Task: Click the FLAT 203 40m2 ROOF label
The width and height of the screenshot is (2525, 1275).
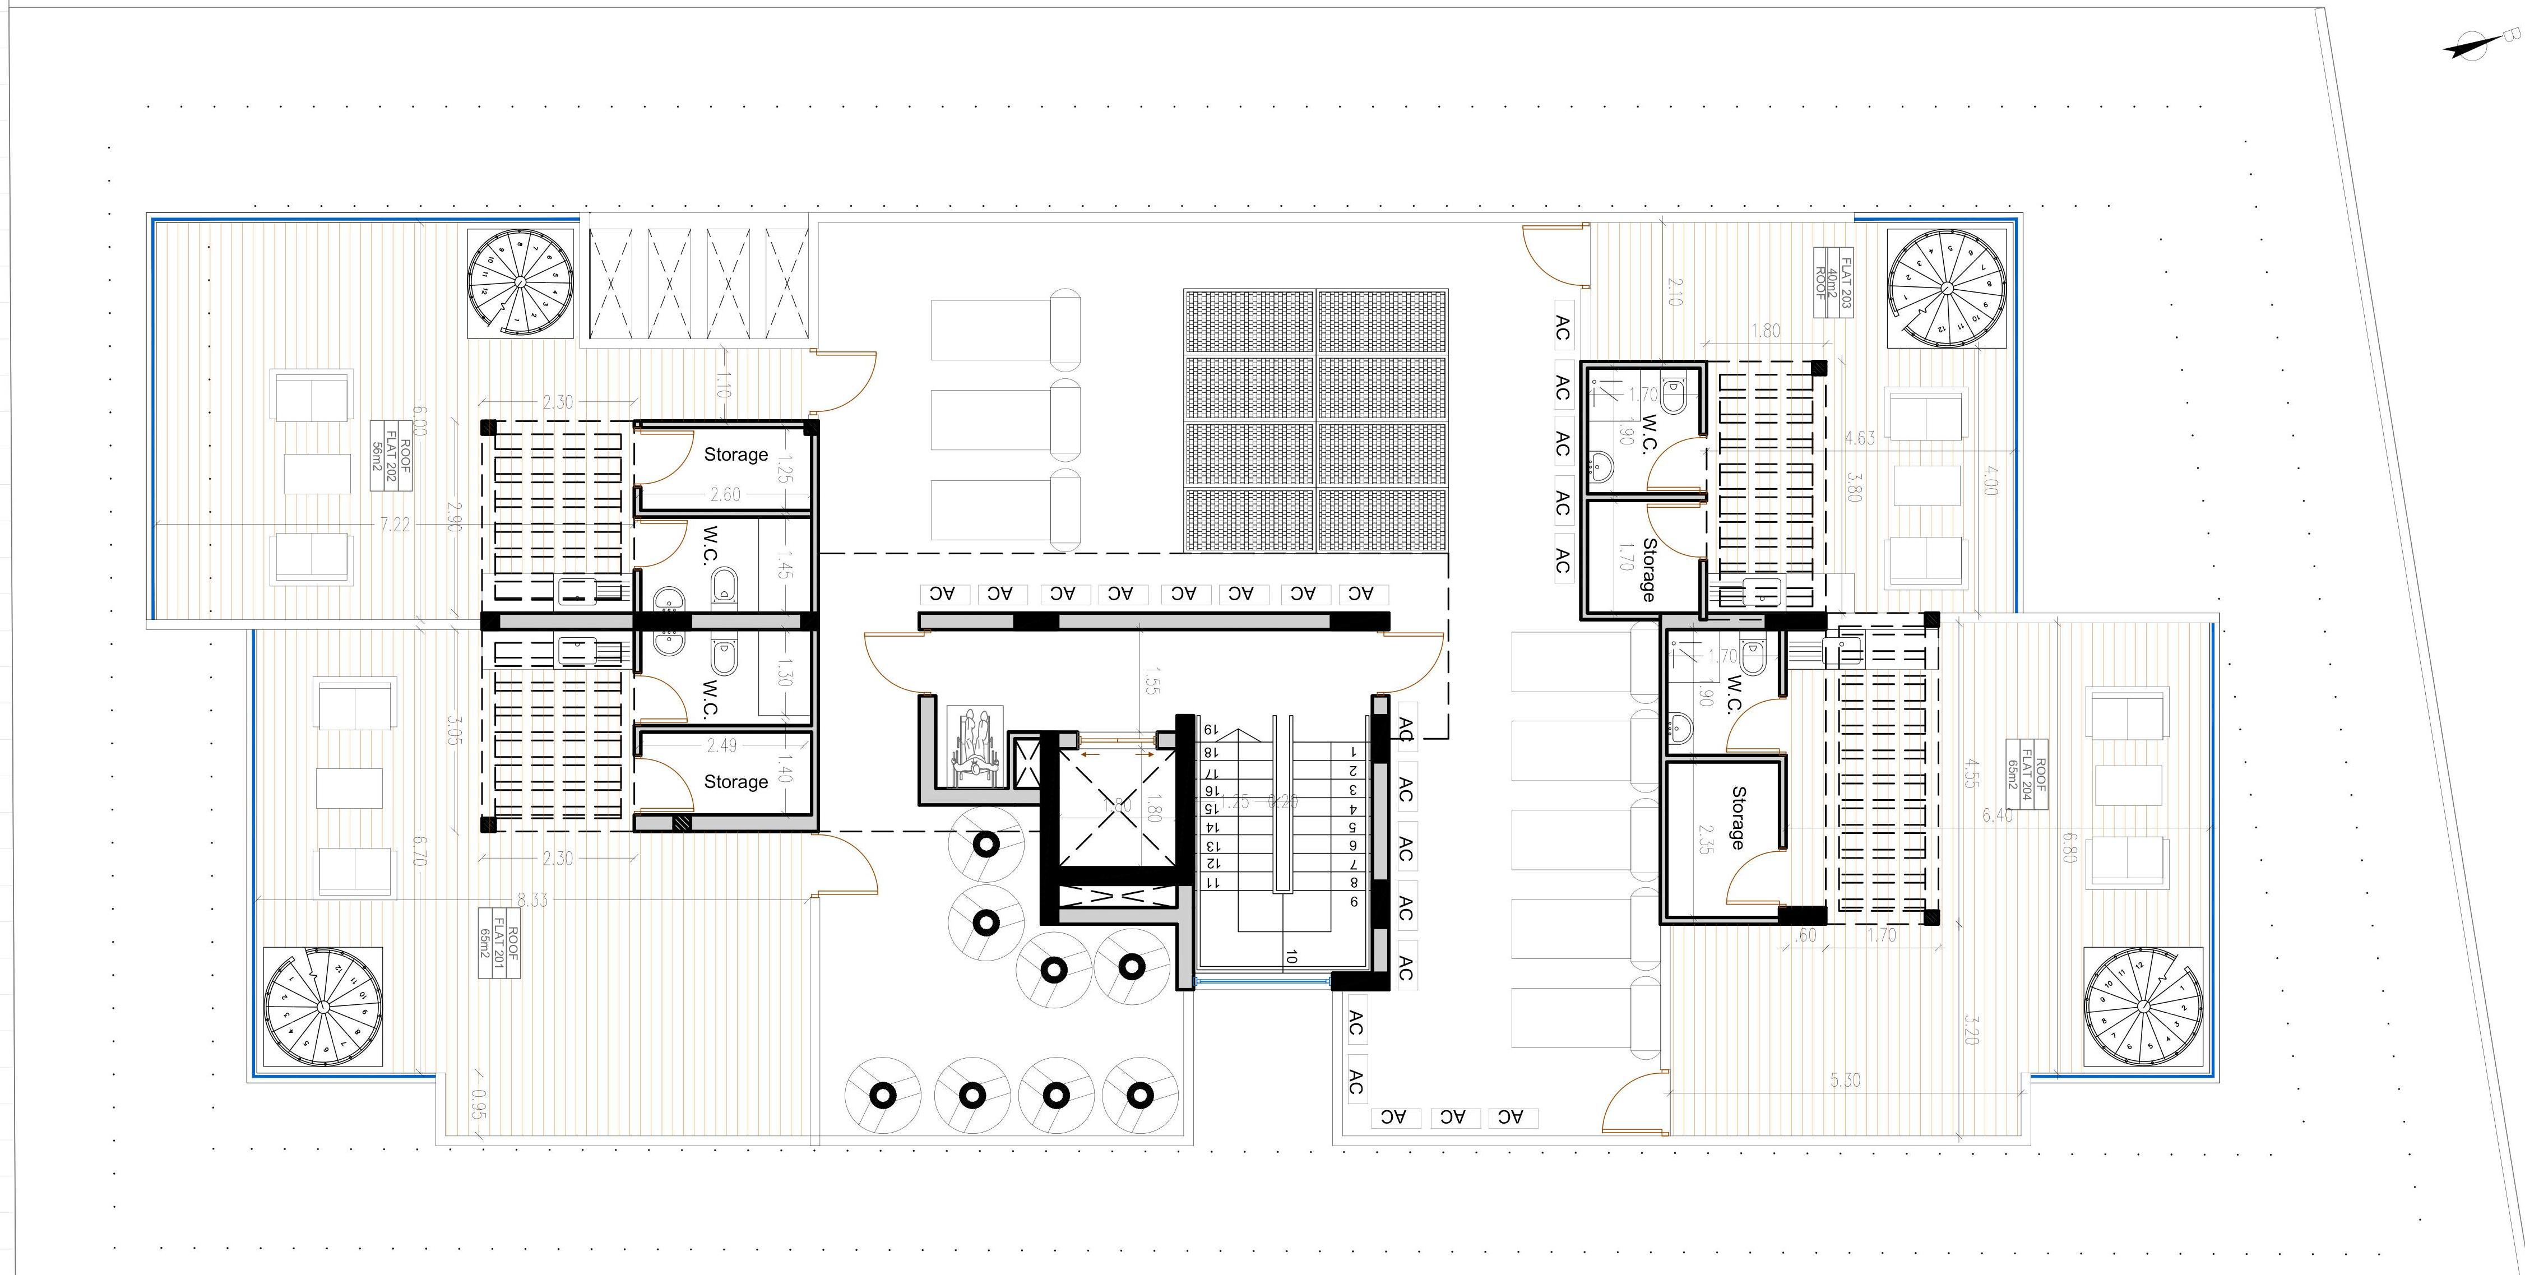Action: [x=1832, y=283]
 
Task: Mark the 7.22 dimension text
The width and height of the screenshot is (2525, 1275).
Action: [x=395, y=525]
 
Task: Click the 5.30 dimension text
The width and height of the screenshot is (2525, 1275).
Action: [x=1845, y=1080]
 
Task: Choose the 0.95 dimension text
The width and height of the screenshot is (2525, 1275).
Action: [x=478, y=1105]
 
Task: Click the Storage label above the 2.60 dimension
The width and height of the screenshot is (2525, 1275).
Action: [x=735, y=455]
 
